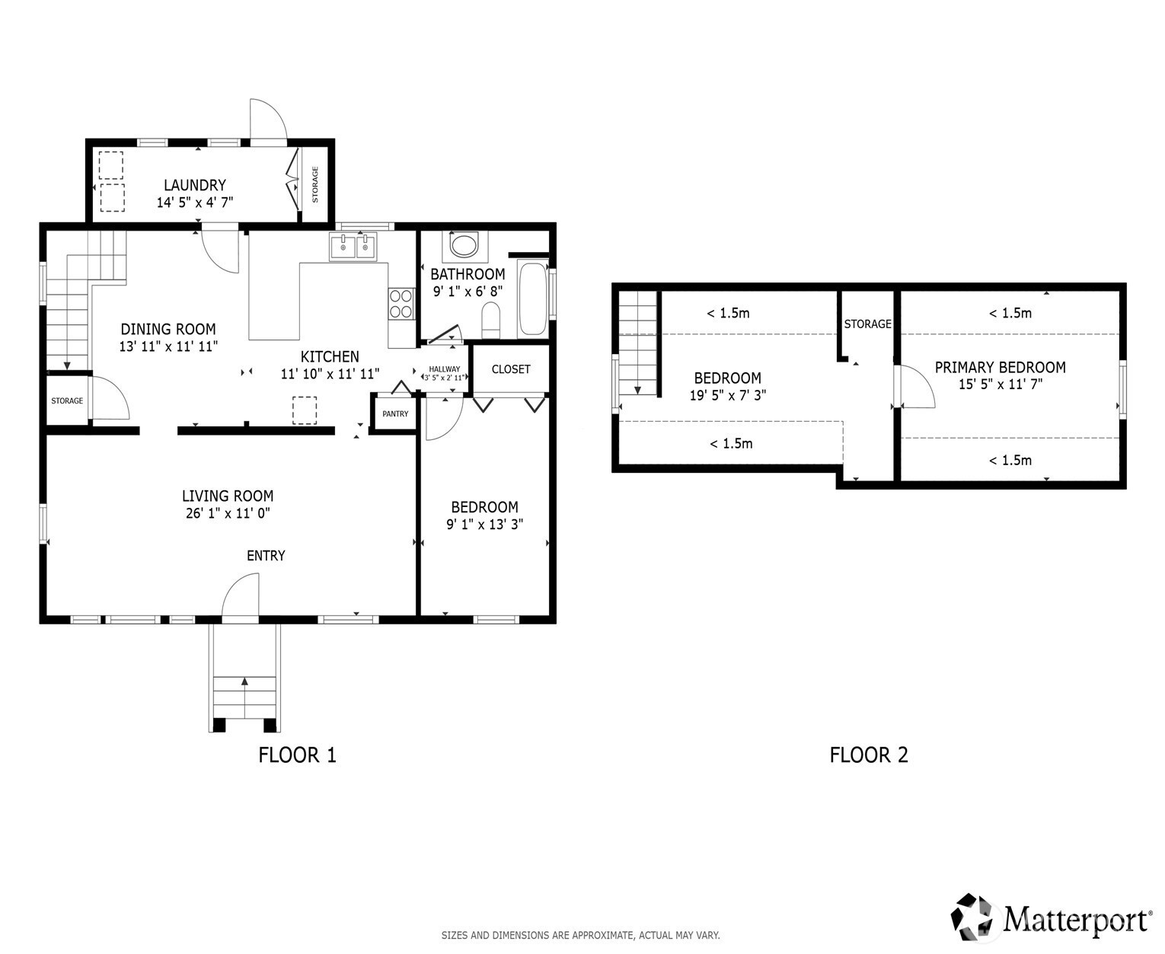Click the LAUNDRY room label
194,184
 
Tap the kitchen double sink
353,247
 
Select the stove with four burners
401,304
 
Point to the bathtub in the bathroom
532,299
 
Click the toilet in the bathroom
490,320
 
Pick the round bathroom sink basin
464,244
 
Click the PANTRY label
395,413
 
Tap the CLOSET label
511,369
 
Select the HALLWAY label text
444,369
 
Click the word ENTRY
266,556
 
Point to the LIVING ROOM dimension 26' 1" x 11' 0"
228,513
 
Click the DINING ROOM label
168,329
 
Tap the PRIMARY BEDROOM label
1000,367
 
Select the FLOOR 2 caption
868,755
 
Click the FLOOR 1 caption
297,755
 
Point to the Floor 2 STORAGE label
867,324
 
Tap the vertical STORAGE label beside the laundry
315,184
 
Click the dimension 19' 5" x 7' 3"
727,395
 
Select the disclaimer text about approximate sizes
580,935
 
